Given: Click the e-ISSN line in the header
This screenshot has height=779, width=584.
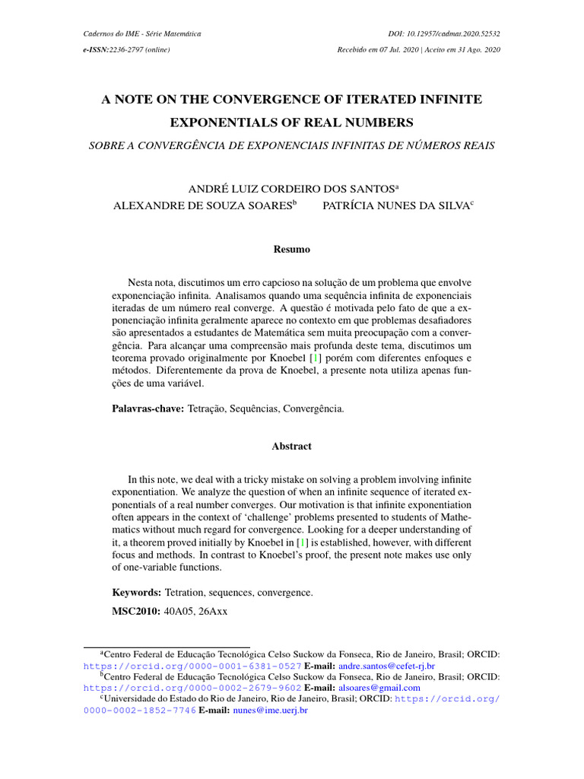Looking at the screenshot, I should tap(125, 49).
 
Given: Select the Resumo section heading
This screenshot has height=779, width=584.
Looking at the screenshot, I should tap(291, 249).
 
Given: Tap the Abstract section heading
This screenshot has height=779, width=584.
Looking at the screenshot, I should tap(291, 446).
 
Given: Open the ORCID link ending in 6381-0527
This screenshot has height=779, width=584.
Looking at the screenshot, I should tap(192, 664).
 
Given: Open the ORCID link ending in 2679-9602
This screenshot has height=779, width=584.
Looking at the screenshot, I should tap(192, 687).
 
